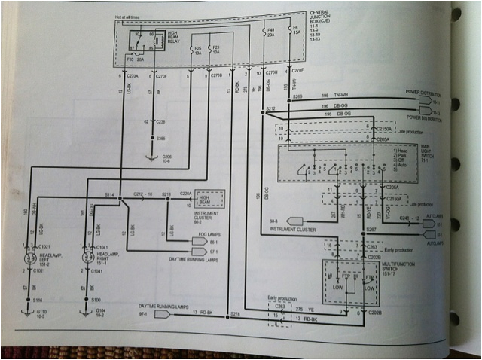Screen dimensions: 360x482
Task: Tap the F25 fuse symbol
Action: (198, 44)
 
